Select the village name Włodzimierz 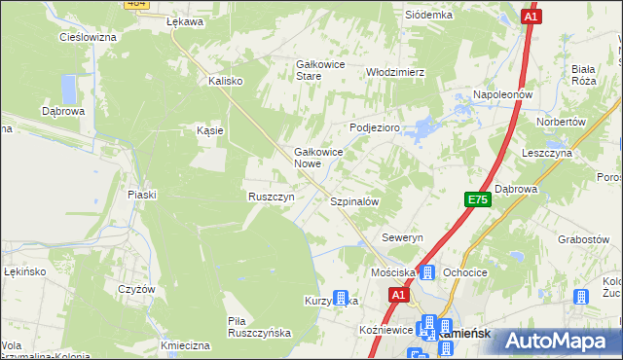[x=395, y=72]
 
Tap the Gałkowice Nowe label [x=320, y=159]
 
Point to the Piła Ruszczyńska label [x=259, y=326]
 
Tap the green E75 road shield [x=477, y=199]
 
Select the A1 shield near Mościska [x=398, y=293]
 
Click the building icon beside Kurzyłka [x=340, y=299]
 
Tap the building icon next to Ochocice [x=426, y=272]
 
